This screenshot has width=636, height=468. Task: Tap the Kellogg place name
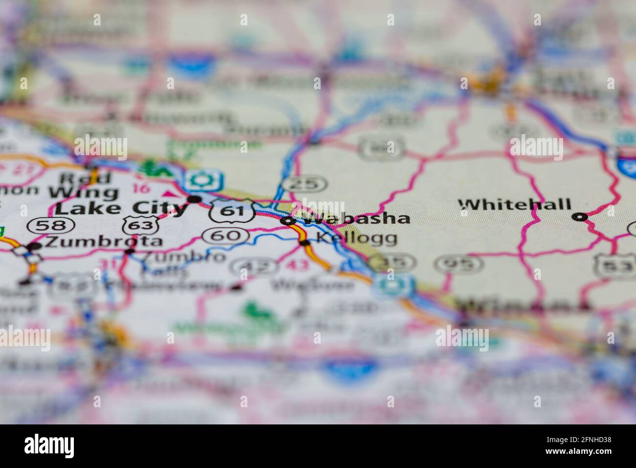pos(356,239)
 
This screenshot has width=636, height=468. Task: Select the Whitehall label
pos(515,204)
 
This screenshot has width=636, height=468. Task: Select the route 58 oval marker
pos(51,226)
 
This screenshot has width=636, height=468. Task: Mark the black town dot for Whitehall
pos(580,216)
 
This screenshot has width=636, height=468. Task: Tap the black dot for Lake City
pos(195,199)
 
